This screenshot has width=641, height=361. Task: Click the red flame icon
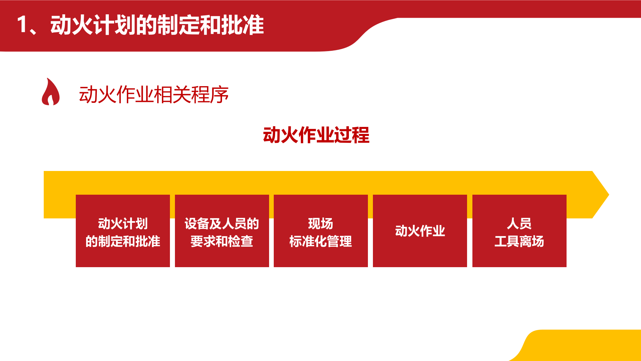pos(51,92)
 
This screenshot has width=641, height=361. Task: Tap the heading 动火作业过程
pos(316,135)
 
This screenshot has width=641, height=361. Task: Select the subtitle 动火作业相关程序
pos(154,95)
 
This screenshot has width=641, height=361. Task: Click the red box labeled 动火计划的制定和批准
pos(123,231)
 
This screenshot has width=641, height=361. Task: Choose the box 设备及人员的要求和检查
pos(222,231)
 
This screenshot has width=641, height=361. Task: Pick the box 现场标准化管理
pos(321,231)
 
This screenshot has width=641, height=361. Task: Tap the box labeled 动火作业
pos(420,231)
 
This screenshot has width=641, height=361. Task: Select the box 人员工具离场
pos(519,231)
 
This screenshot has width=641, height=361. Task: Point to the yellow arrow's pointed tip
pos(609,195)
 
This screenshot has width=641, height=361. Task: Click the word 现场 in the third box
pos(321,223)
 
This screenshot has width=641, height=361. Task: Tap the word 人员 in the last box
pos(519,223)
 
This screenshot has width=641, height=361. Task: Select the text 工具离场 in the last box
pos(519,241)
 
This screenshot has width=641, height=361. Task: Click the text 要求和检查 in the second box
pos(222,241)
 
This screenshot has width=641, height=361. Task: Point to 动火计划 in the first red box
pos(123,223)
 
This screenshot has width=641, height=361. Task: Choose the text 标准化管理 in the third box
pos(321,241)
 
